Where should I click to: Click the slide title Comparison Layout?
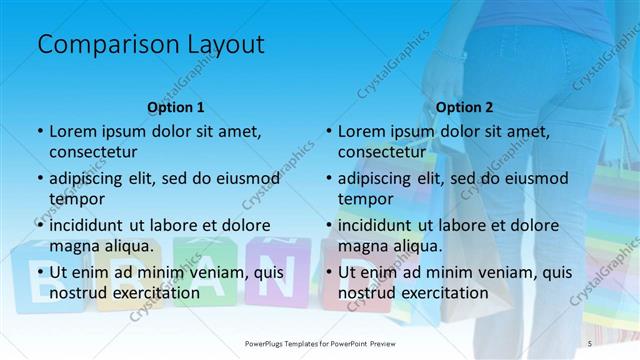[150, 44]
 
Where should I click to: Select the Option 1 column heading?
[176, 106]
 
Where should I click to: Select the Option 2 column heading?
[465, 106]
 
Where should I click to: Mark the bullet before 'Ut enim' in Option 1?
[40, 272]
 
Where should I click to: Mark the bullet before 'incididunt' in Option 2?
[329, 225]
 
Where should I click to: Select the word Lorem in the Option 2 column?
[361, 131]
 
